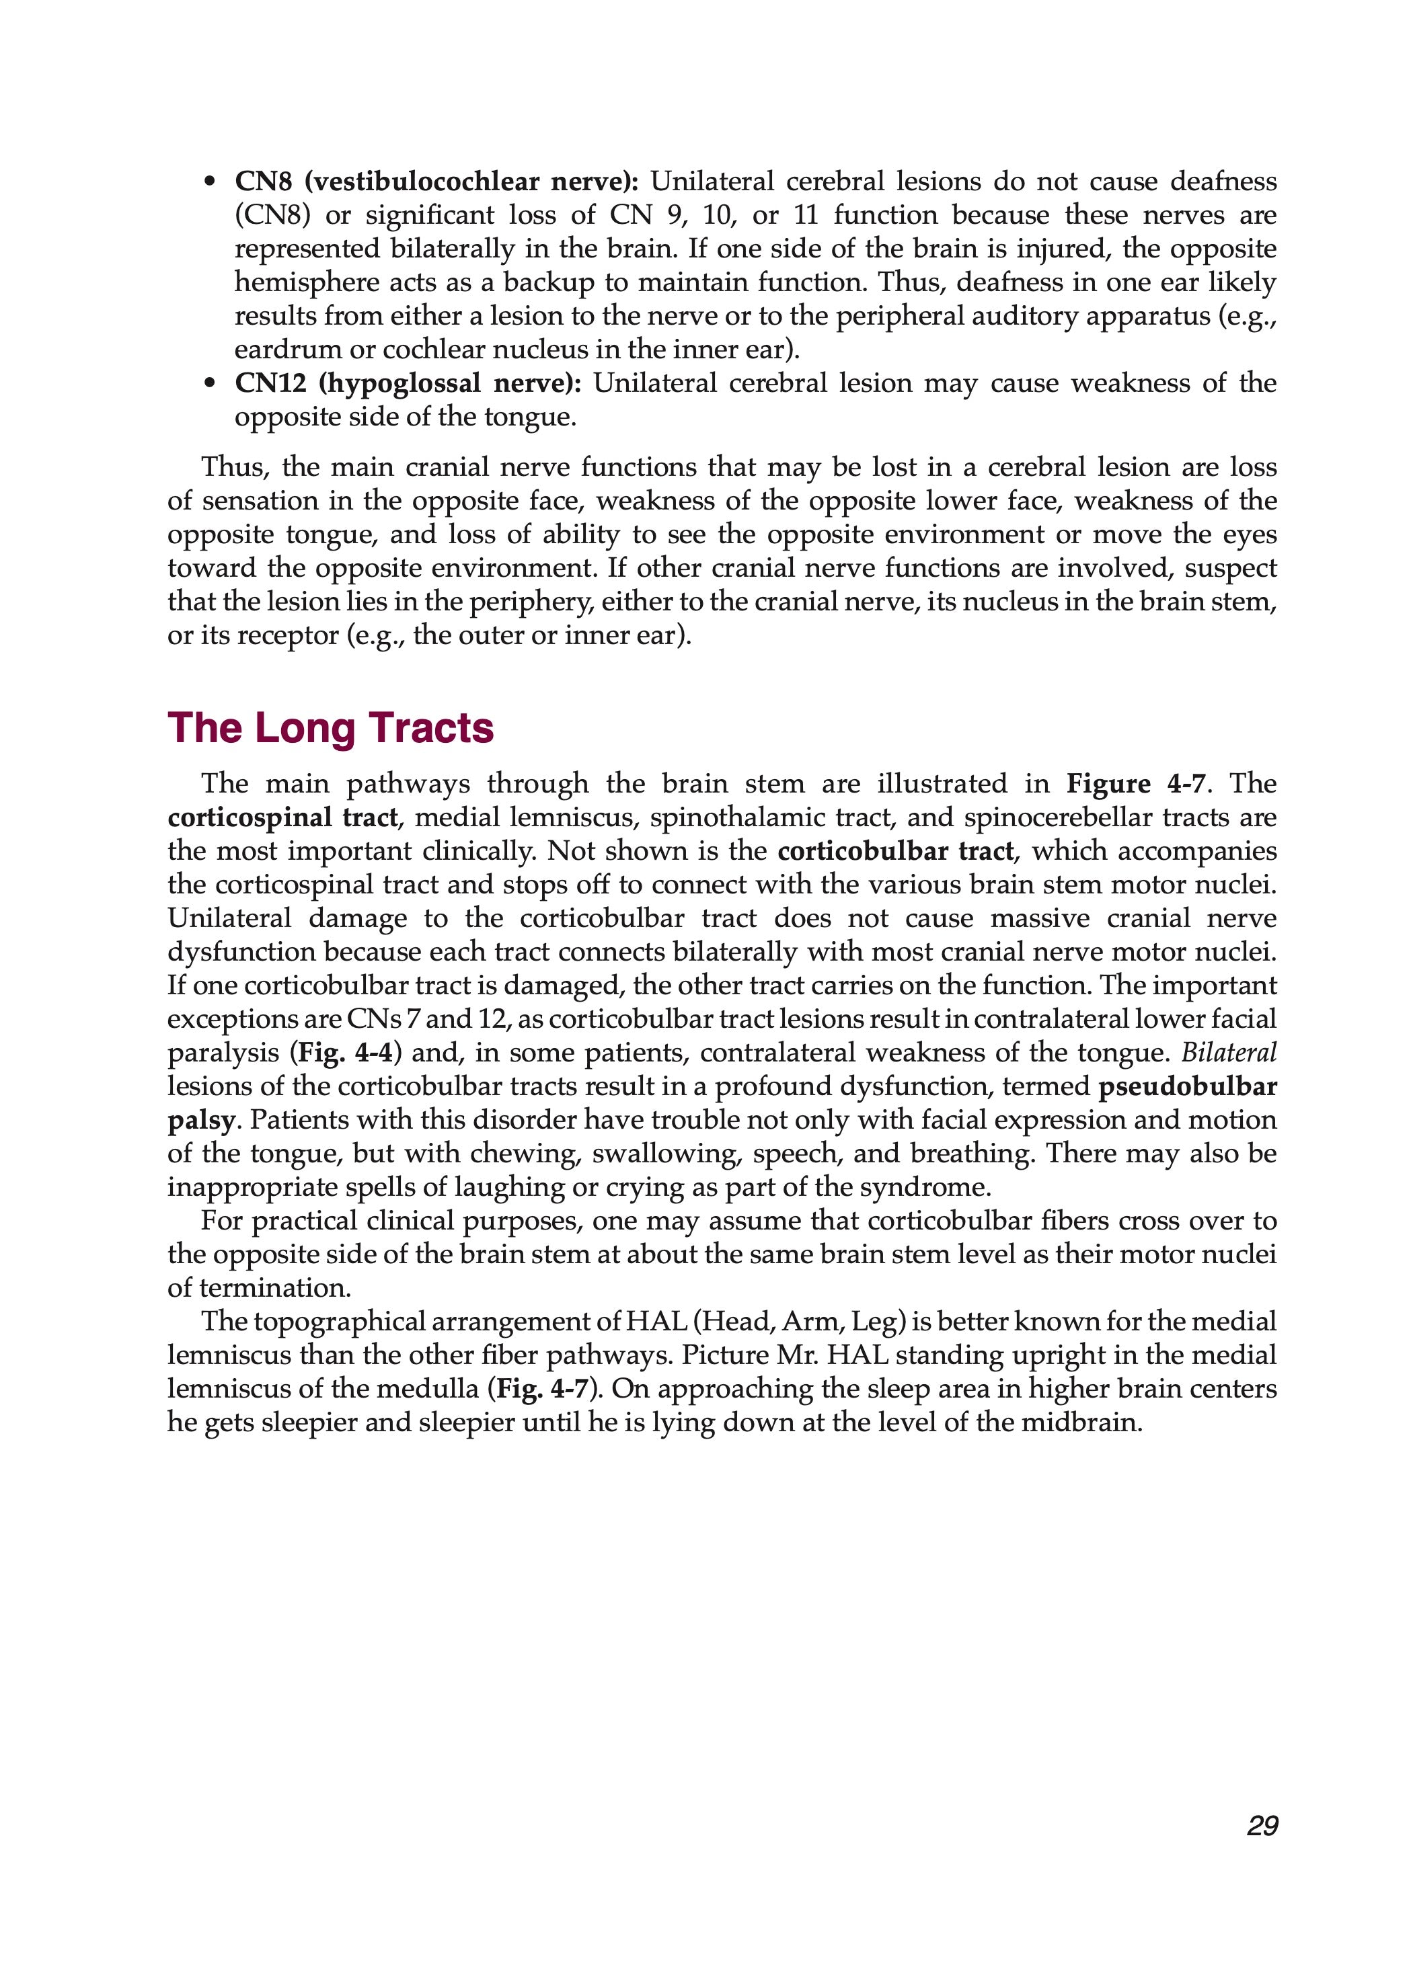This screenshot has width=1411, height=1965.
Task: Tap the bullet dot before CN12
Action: tap(209, 384)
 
